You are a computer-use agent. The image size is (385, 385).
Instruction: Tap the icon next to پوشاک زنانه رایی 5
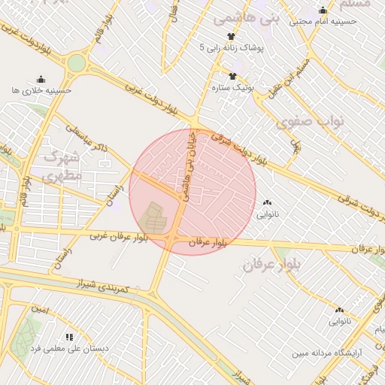tap(231, 36)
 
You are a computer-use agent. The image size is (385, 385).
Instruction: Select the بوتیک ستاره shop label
tap(233, 88)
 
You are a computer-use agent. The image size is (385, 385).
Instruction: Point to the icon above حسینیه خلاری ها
tap(41, 80)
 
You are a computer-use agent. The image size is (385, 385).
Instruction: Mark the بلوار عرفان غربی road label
tap(119, 236)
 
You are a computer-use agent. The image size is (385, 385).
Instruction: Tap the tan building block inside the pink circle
tap(155, 217)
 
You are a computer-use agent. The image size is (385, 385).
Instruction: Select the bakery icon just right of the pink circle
tap(268, 202)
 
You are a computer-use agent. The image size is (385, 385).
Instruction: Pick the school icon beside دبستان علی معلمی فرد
tap(70, 338)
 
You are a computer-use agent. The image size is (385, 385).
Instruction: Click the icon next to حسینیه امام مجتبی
tap(323, 11)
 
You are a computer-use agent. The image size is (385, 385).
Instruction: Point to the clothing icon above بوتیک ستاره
tap(233, 76)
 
